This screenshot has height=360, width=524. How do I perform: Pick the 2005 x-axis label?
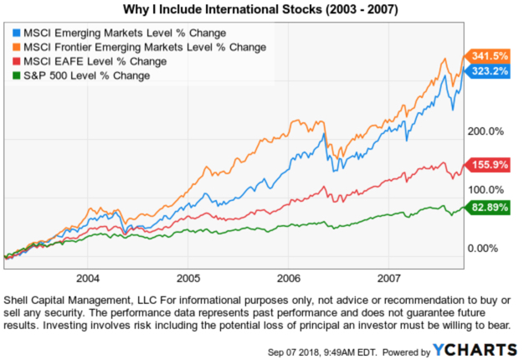click(188, 277)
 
